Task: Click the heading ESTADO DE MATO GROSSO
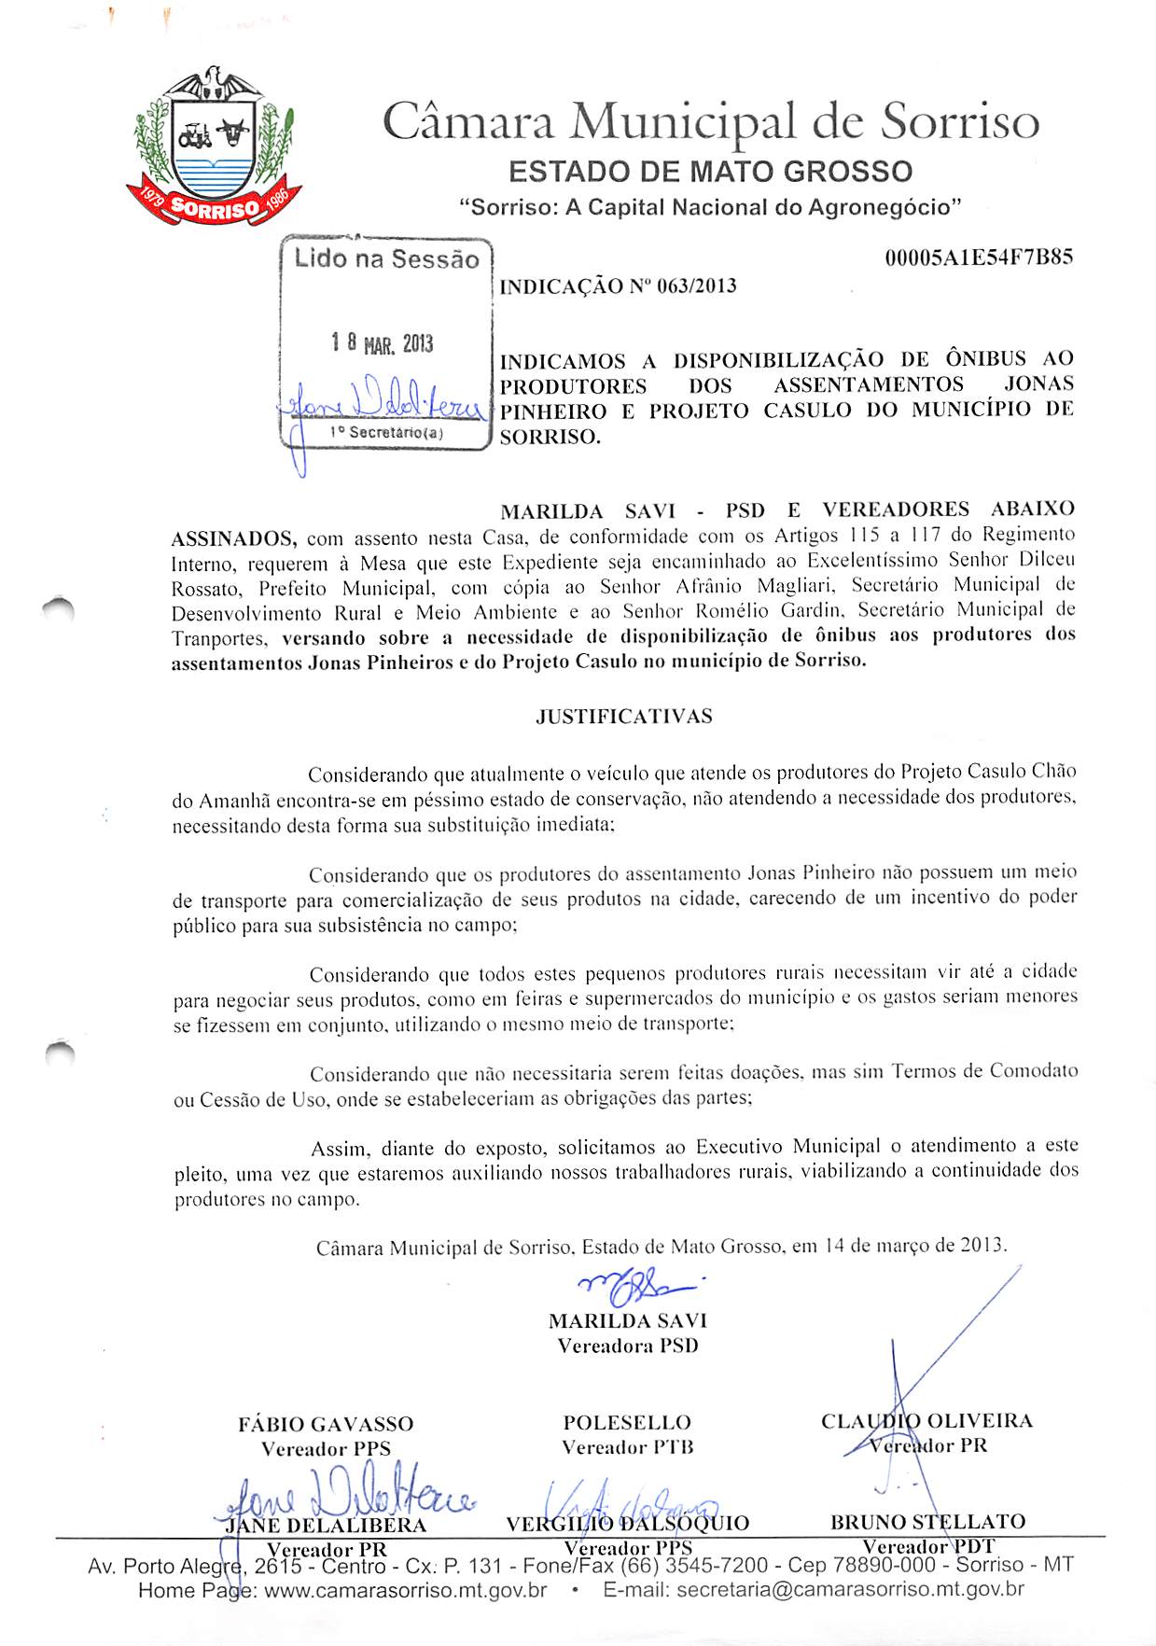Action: coord(710,172)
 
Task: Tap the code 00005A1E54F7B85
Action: coord(978,257)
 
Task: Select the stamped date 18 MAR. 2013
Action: coord(383,344)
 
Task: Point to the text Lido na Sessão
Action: coord(386,258)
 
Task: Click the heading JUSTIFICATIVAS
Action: coord(623,716)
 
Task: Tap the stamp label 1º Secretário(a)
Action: coord(386,432)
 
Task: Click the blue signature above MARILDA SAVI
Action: coord(640,1290)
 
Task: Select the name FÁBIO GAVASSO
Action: coord(325,1424)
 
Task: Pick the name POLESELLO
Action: coord(627,1422)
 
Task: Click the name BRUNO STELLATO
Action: coord(927,1522)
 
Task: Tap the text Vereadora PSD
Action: coord(627,1346)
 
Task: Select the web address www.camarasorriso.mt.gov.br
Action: coord(406,1589)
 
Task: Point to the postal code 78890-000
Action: coord(882,1565)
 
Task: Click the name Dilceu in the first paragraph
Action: coord(1047,560)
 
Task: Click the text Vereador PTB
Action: coord(627,1447)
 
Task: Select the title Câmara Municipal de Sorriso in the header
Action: coord(710,122)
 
